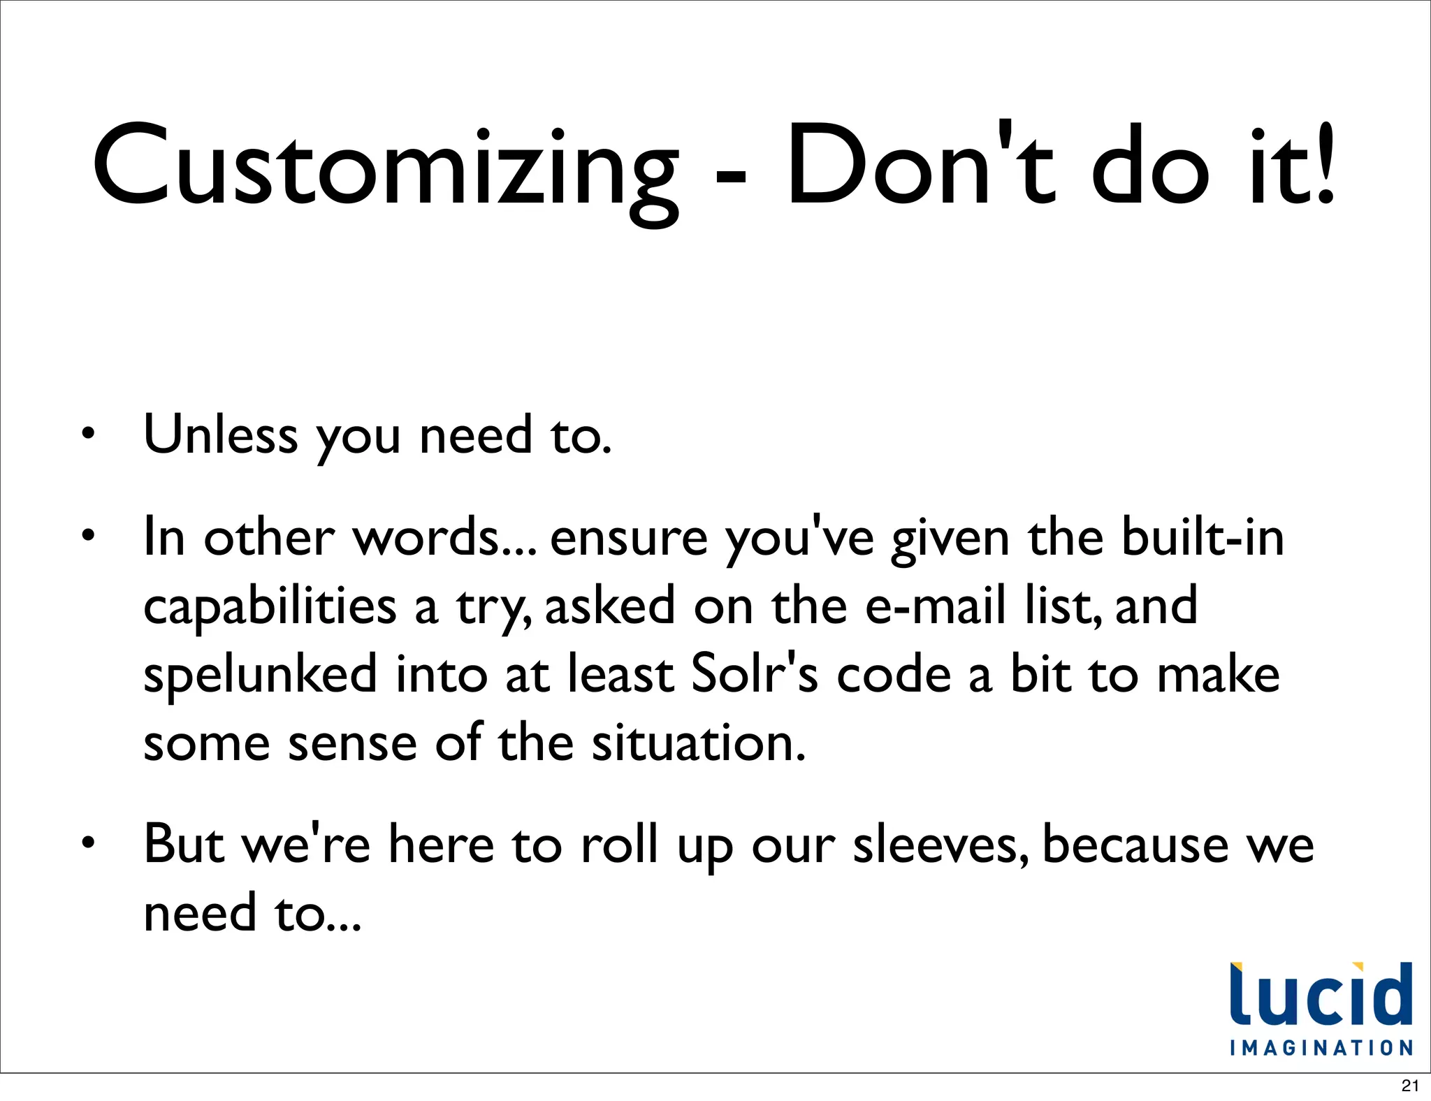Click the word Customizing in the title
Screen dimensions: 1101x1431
385,168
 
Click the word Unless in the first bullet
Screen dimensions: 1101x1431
220,435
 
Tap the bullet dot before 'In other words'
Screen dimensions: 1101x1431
87,537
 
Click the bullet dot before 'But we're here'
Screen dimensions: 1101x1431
87,844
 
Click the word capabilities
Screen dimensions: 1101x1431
270,606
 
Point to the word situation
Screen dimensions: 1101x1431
699,742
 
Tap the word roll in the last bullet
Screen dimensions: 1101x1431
619,844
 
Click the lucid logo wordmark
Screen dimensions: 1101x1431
1321,995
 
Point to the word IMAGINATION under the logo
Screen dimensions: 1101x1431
1321,1048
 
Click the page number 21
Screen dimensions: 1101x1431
1410,1086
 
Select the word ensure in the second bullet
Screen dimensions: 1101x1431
629,538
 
